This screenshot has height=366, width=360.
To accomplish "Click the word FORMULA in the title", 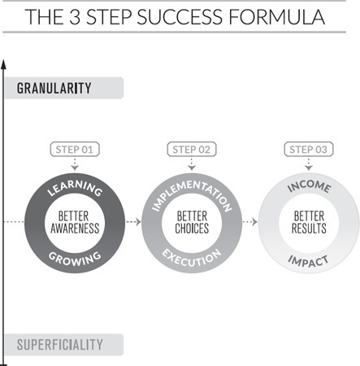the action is coord(276,17).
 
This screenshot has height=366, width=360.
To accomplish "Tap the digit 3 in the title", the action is coord(75,17).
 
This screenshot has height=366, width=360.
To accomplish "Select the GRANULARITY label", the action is coord(54,88).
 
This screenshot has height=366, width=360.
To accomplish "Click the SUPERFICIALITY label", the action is coord(60,345).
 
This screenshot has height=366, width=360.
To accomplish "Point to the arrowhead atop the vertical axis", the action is coord(3,64).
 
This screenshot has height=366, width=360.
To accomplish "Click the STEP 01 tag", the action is coord(75,150).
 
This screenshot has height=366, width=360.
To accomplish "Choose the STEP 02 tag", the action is coord(192,150).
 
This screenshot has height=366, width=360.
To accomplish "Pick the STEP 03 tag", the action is coord(309,150).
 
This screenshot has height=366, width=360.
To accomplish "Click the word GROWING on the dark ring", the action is coord(75,259).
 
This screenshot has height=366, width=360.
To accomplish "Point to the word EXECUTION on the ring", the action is coord(192,259).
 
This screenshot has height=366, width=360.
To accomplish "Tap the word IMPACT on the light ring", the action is coord(308,261).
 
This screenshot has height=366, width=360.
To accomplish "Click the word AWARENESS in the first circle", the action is coord(75,229).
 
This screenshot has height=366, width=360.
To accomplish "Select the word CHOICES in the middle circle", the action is coord(192,229).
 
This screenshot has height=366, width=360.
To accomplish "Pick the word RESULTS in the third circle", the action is coord(309,229).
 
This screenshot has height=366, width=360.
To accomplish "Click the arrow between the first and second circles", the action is coord(133,222).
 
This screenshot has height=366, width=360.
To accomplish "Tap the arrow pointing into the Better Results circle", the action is coord(250,222).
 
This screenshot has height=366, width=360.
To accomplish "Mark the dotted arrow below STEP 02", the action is coord(192,164).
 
